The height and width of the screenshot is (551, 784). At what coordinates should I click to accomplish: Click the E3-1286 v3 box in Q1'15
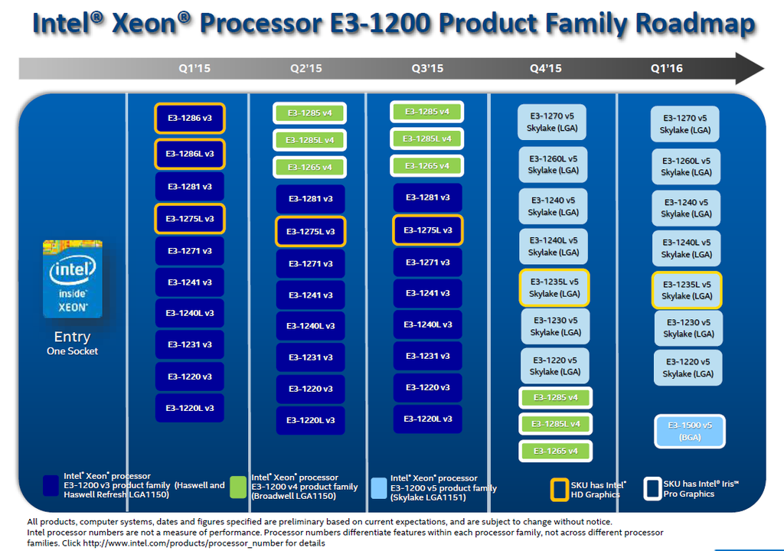(190, 118)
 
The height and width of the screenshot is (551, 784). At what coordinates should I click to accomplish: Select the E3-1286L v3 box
(190, 153)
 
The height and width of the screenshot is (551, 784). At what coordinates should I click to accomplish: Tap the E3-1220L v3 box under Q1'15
(190, 407)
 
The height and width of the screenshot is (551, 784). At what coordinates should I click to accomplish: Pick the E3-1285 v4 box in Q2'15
(310, 113)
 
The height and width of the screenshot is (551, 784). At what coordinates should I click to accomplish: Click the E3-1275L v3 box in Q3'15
(428, 230)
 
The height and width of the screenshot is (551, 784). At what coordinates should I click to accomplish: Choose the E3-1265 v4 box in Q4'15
(555, 451)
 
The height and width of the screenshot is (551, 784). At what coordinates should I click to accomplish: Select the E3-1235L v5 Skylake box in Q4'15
(554, 287)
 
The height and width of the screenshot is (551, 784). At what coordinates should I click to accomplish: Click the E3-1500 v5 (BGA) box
(689, 431)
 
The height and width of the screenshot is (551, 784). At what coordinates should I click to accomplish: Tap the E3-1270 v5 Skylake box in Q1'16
(685, 124)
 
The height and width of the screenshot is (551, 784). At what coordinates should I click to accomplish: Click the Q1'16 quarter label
(667, 68)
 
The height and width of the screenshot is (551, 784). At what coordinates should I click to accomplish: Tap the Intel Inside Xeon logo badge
(73, 279)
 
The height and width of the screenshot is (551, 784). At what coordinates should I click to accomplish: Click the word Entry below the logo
(72, 337)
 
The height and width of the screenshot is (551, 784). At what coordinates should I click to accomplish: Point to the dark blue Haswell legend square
(51, 486)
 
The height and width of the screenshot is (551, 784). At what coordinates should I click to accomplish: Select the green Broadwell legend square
(238, 487)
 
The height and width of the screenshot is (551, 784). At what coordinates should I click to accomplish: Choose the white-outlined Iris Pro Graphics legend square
(653, 488)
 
